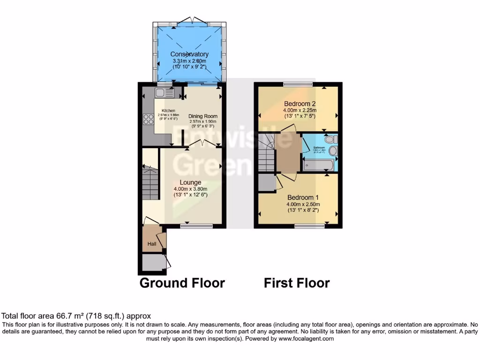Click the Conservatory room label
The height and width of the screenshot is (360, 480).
click(189, 54)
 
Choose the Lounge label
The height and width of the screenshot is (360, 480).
click(190, 182)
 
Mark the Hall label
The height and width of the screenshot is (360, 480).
click(152, 244)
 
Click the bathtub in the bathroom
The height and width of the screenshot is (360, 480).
click(319, 165)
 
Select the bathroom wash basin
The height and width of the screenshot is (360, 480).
click(333, 151)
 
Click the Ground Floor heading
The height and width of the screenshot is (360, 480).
click(182, 283)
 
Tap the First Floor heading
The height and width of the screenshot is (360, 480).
click(297, 283)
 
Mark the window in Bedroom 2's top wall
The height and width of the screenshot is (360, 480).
click(298, 84)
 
